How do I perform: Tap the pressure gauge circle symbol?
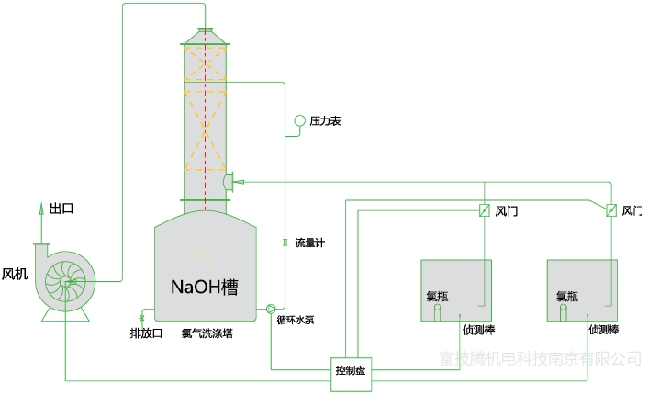tap(299, 121)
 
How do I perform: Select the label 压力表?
tap(326, 121)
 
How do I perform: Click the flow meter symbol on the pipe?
tap(285, 243)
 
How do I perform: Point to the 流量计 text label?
tap(309, 243)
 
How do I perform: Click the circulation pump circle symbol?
tap(272, 310)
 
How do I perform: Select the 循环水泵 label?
tap(296, 321)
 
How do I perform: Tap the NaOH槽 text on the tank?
tap(210, 287)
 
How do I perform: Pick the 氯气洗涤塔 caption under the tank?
tap(207, 333)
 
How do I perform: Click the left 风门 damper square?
tap(484, 210)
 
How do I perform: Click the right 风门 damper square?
tap(610, 210)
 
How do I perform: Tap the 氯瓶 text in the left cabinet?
tap(439, 297)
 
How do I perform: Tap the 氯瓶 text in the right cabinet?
tap(566, 297)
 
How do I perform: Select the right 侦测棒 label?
tap(603, 329)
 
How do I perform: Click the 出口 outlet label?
tap(61, 209)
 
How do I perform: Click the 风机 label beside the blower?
tap(15, 274)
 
